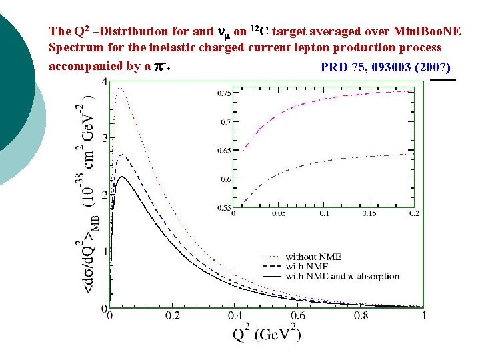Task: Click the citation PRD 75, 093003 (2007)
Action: pos(385,67)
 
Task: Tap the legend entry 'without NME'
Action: pos(309,257)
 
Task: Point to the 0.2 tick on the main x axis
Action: pos(172,315)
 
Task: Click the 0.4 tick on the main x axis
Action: pos(235,315)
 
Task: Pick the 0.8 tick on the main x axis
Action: pos(360,315)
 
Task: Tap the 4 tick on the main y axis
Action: pos(104,81)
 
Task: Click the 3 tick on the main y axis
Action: pos(104,138)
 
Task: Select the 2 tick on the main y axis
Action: pos(104,195)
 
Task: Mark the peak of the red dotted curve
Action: pos(119,88)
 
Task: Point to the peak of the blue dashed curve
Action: pos(121,155)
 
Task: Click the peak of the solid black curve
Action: pos(121,177)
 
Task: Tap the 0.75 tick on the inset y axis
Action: pos(225,93)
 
